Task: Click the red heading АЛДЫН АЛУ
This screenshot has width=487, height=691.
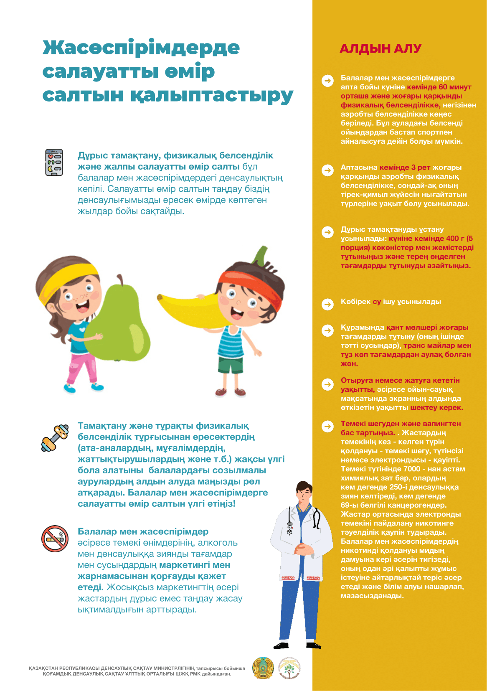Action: coord(380,49)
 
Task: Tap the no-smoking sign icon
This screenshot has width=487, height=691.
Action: coord(55,539)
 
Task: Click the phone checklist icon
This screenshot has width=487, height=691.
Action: coord(54,162)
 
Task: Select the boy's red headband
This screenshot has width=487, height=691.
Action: coord(251,284)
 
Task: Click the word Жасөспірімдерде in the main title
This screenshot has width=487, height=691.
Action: coord(141,48)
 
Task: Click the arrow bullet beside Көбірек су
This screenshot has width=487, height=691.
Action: coord(328,304)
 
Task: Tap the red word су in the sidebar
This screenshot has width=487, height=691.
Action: coord(377,302)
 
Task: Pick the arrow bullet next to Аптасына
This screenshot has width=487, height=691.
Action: coord(328,170)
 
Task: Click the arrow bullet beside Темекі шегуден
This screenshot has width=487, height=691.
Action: coord(328,426)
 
